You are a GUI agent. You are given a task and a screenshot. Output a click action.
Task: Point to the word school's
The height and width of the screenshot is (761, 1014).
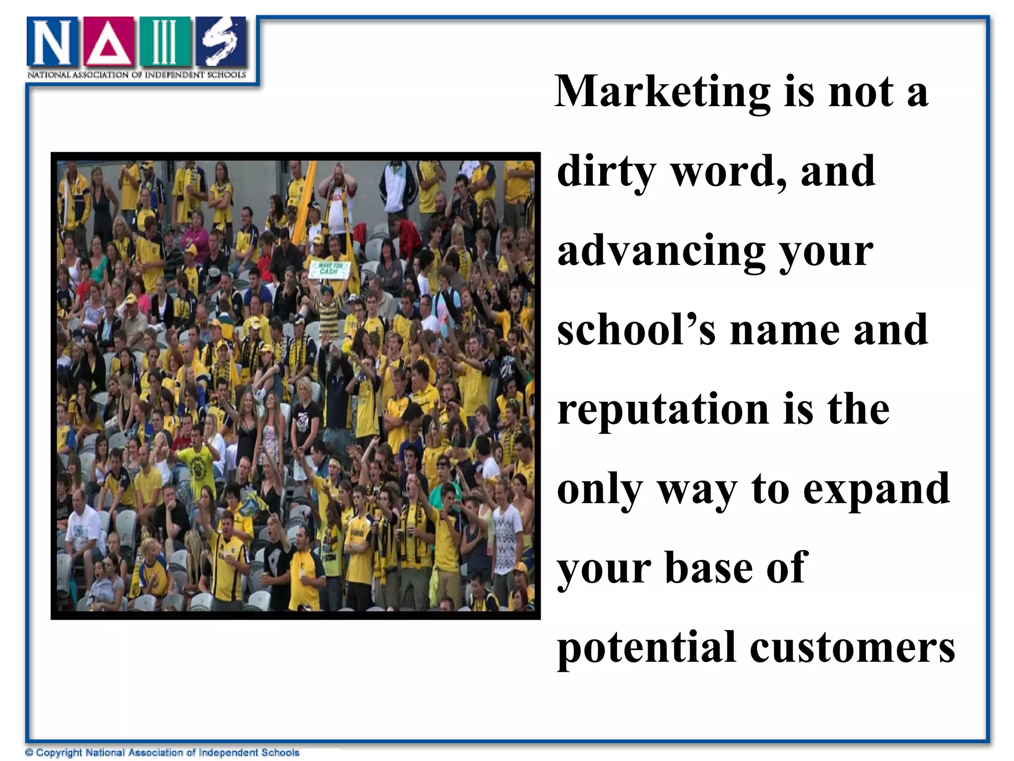pyautogui.click(x=636, y=330)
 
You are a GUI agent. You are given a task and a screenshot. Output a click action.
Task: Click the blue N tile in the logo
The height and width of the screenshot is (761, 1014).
pyautogui.click(x=52, y=42)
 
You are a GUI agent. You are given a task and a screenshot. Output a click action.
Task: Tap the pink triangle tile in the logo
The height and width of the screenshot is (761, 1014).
pyautogui.click(x=108, y=42)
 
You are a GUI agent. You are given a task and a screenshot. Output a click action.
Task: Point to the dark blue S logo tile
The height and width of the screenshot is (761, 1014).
pyautogui.click(x=221, y=42)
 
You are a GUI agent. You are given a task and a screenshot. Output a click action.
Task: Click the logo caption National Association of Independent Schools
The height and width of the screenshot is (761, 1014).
pyautogui.click(x=137, y=75)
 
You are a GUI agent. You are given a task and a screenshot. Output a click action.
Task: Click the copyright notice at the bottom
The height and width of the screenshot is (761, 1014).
pyautogui.click(x=162, y=753)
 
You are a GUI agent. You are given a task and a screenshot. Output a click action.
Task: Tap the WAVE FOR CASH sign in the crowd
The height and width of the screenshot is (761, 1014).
pyautogui.click(x=329, y=269)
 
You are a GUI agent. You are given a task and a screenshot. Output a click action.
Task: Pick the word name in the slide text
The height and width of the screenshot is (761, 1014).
pyautogui.click(x=785, y=330)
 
